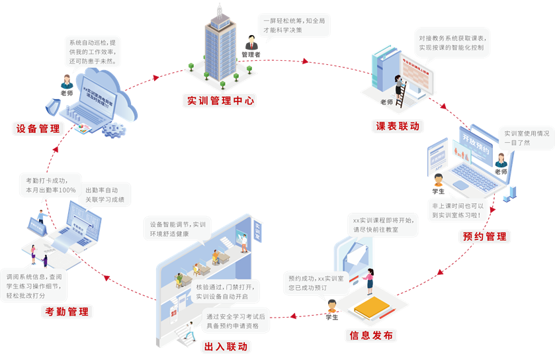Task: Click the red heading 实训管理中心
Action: point(221,101)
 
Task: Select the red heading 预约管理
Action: point(484,236)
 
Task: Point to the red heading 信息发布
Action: point(371,336)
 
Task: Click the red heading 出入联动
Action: point(226,347)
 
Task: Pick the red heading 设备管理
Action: point(38,129)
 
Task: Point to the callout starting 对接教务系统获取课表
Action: point(451,43)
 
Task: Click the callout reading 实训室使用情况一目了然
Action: point(526,138)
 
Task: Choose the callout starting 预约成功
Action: point(316,283)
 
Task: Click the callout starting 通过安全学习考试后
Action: point(236,322)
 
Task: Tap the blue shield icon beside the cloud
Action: point(52,107)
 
